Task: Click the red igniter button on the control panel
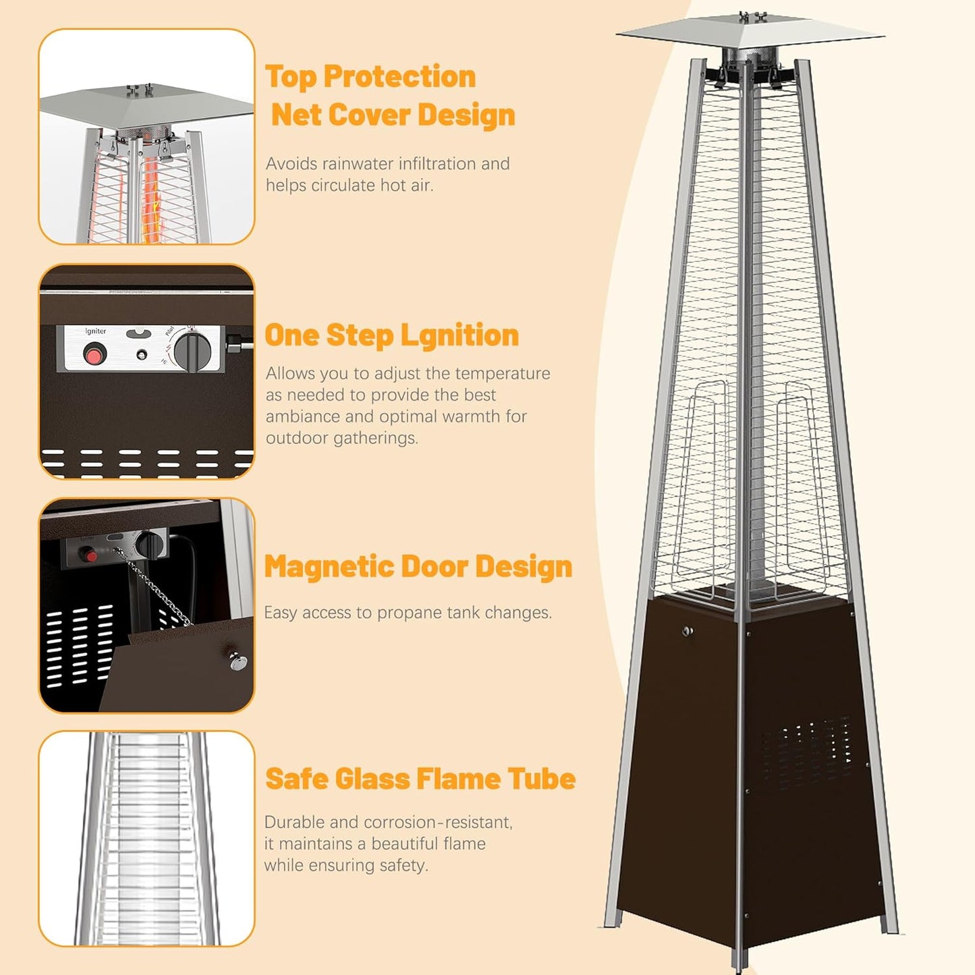[x=94, y=353]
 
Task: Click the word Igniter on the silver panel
[x=96, y=331]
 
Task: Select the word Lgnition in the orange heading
[x=459, y=335]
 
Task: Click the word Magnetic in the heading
[x=330, y=567]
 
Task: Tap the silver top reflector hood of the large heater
[x=749, y=31]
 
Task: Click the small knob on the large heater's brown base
[x=688, y=632]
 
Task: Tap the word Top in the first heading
[x=291, y=77]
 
